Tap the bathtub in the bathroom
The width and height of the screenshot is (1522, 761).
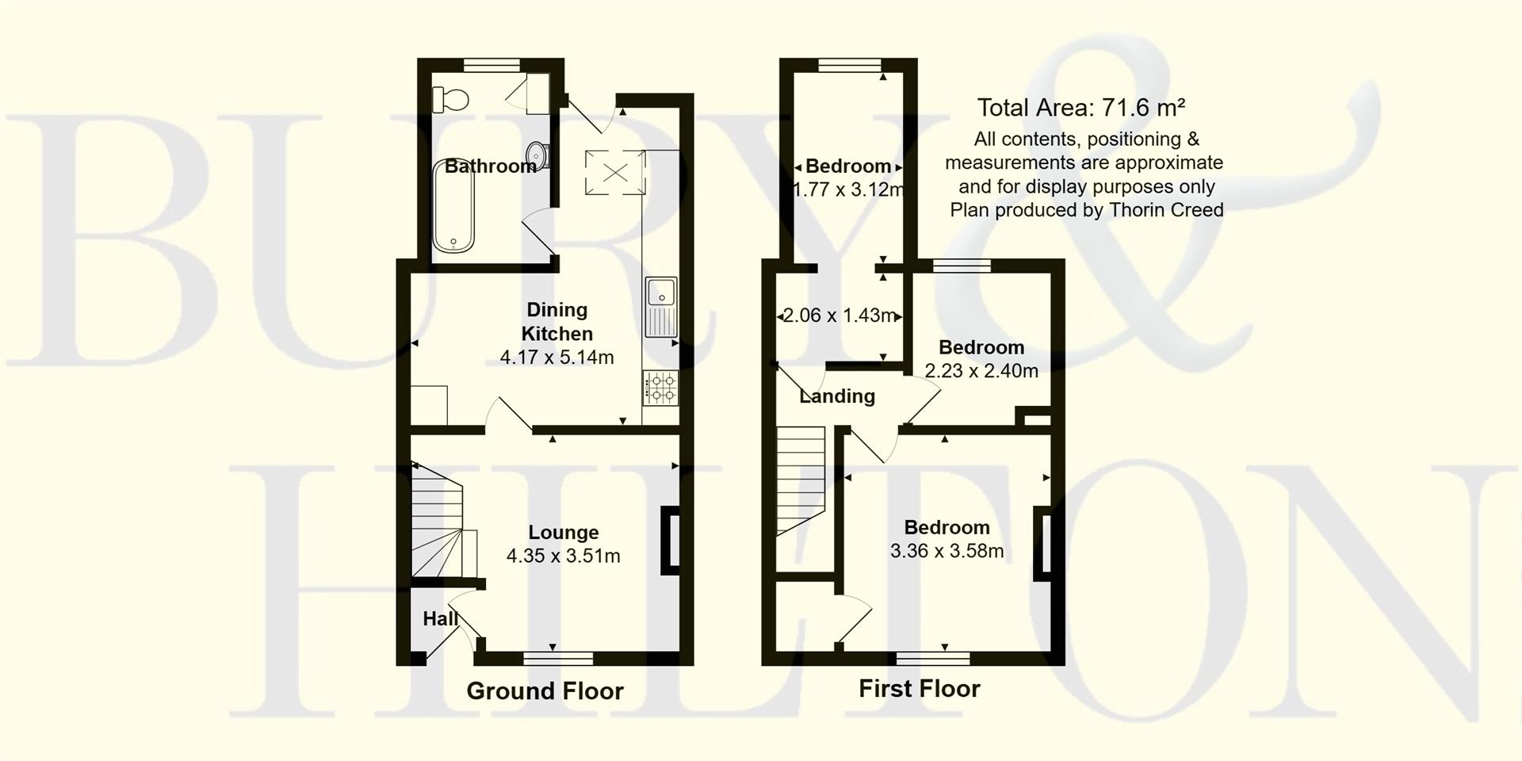coord(453,204)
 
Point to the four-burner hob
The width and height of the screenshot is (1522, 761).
coord(661,388)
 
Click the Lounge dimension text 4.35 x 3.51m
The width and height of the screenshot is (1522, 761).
coord(563,556)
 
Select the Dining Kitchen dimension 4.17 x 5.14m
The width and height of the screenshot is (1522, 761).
coord(556,358)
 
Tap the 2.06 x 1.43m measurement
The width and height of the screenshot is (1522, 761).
coord(838,315)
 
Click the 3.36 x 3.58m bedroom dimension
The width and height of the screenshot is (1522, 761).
coord(946,550)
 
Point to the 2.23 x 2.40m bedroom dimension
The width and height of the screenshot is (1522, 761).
coord(981,370)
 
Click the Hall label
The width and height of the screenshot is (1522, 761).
coord(440,618)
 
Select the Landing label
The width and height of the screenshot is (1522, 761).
coord(837,396)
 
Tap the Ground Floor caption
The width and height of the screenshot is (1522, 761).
coord(545,691)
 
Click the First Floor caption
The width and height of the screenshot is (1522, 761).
coord(920,688)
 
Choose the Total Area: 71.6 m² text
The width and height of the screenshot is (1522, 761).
coord(1081,107)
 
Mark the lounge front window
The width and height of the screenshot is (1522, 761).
coord(558,658)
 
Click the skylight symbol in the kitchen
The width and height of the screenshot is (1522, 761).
coord(614,172)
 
